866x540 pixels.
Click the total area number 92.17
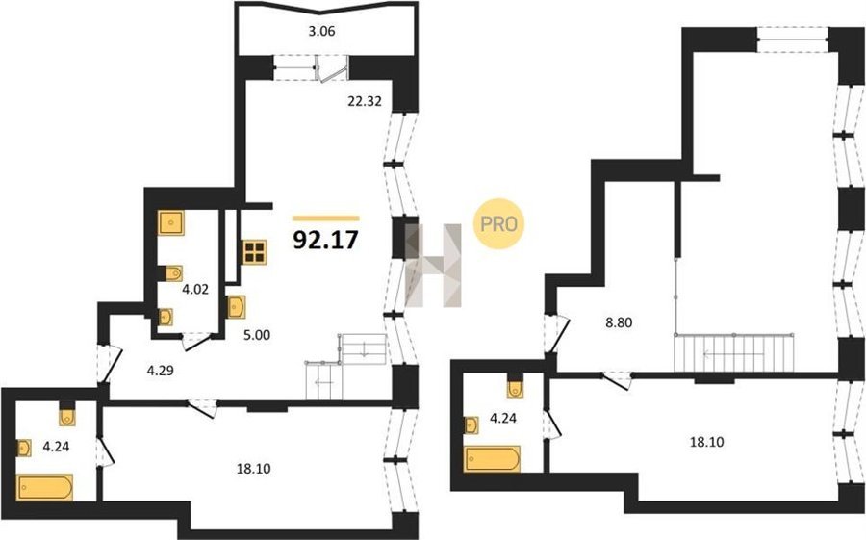coord(326,240)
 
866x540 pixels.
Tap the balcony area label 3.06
coord(321,32)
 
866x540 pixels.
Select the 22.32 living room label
coord(365,101)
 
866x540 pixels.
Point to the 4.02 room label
coord(195,289)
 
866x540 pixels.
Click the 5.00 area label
coord(257,334)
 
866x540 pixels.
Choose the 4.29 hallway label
coord(160,371)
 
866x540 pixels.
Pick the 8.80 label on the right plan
coord(619,322)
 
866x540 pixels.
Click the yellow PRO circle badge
coord(498,224)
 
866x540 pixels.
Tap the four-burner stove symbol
coord(254,252)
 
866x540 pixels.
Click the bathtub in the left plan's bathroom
coord(44,487)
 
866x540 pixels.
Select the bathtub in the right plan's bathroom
coord(492,459)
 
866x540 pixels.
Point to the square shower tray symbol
coord(170,222)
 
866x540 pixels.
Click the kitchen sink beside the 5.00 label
coord(237,307)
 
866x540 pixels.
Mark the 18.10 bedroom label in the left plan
coord(253,470)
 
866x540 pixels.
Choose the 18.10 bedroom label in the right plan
coord(707,442)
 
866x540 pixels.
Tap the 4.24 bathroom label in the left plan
coord(56,446)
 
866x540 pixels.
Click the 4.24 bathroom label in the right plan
coord(503,419)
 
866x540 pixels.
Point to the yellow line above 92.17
coord(326,219)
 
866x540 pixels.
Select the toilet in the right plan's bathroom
coord(516,389)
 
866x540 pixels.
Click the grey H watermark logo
coord(434,265)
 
